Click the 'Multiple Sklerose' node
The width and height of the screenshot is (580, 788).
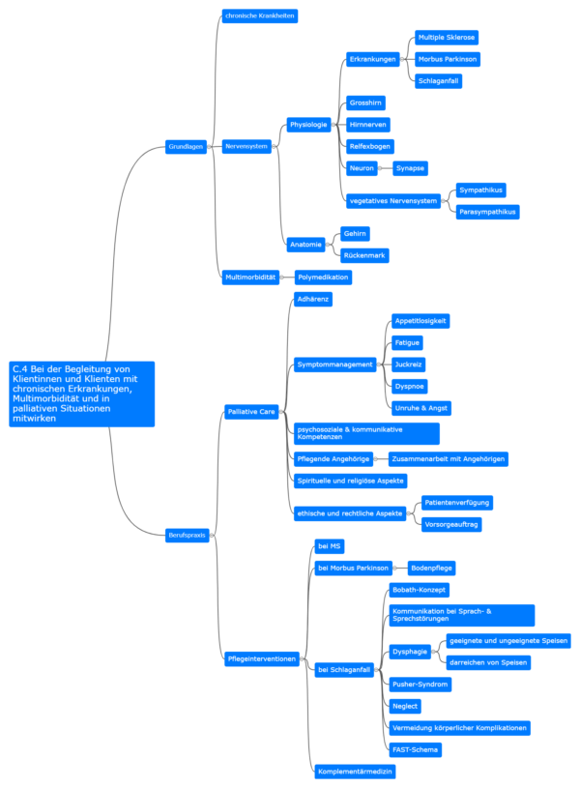(447, 38)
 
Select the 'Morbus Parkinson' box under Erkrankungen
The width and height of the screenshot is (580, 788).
(448, 59)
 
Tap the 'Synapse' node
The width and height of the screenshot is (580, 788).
(410, 168)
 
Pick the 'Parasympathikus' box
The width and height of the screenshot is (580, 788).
(487, 212)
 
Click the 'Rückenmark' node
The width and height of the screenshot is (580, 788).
(364, 256)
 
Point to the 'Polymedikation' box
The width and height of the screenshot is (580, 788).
(323, 277)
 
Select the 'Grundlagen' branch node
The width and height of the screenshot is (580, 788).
(186, 147)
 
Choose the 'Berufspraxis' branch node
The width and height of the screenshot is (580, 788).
(187, 536)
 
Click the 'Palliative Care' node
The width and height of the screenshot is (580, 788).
(251, 412)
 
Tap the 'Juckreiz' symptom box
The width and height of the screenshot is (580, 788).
(409, 365)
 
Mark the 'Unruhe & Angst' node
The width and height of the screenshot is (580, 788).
(421, 408)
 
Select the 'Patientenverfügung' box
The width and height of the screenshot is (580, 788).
(457, 503)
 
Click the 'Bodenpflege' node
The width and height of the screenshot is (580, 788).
(431, 569)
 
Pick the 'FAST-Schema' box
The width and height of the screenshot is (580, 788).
(415, 749)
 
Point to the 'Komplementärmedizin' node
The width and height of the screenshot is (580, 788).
(355, 772)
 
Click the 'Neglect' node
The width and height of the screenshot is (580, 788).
(405, 706)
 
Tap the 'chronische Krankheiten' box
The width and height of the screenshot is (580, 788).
(260, 16)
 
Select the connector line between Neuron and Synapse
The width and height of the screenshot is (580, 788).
(387, 168)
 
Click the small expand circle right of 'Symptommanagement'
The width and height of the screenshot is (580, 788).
(379, 365)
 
